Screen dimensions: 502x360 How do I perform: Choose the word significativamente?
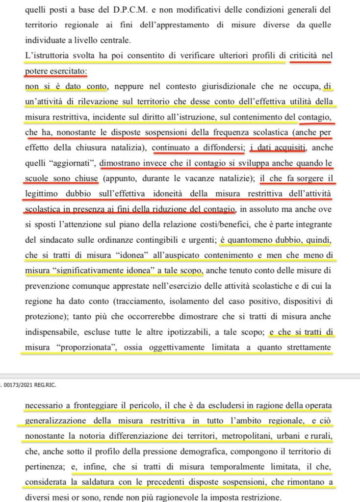tap(98, 270)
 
